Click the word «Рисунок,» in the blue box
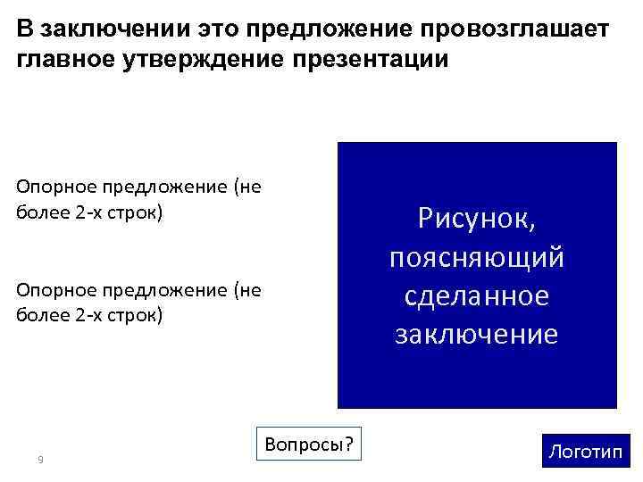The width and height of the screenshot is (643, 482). coord(477,220)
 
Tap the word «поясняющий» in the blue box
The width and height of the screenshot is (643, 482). coord(477,258)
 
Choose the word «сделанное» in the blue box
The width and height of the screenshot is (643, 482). coord(477,295)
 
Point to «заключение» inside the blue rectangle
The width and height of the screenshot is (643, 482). coord(477,334)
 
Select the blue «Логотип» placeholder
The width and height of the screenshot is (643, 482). coord(585,451)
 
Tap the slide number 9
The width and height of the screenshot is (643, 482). coord(40,460)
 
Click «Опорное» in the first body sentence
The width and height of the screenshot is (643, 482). coord(55,187)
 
